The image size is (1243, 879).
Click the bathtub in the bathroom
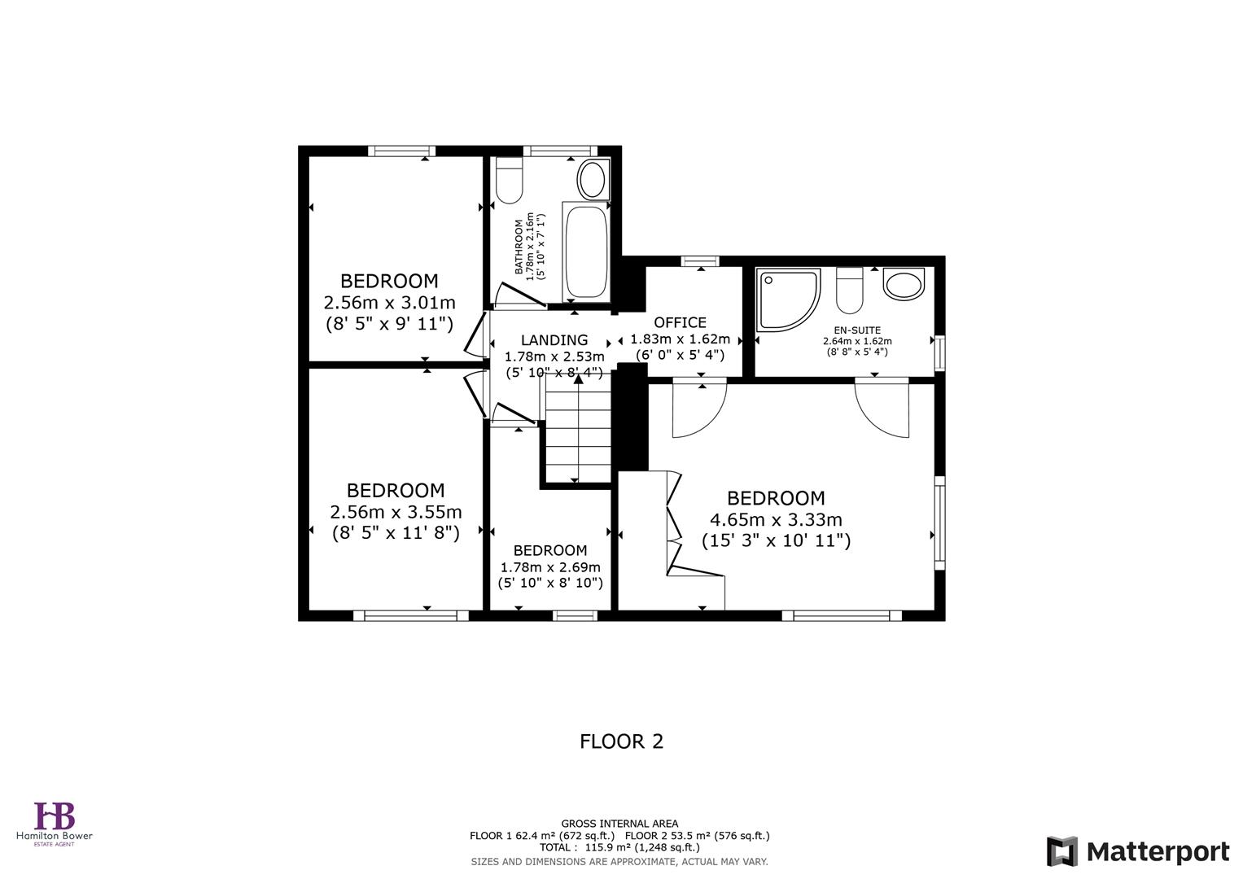(585, 251)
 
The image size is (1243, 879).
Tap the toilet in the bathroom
(510, 181)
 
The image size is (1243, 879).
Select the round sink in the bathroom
(593, 178)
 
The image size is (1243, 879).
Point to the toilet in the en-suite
(849, 291)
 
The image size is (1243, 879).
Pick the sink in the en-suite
(904, 286)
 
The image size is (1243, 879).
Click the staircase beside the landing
(578, 435)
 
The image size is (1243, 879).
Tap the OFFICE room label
(680, 322)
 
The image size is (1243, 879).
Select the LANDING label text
(554, 340)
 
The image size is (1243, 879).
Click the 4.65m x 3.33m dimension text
(776, 519)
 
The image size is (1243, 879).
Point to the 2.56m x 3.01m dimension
(389, 303)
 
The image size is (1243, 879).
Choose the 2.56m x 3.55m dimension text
(396, 512)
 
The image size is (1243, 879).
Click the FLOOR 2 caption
(621, 741)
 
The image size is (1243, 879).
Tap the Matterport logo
(1137, 851)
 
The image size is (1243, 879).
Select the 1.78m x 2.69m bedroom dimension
(550, 567)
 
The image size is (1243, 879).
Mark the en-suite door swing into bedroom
(883, 407)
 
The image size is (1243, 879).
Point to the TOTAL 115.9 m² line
(619, 847)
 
